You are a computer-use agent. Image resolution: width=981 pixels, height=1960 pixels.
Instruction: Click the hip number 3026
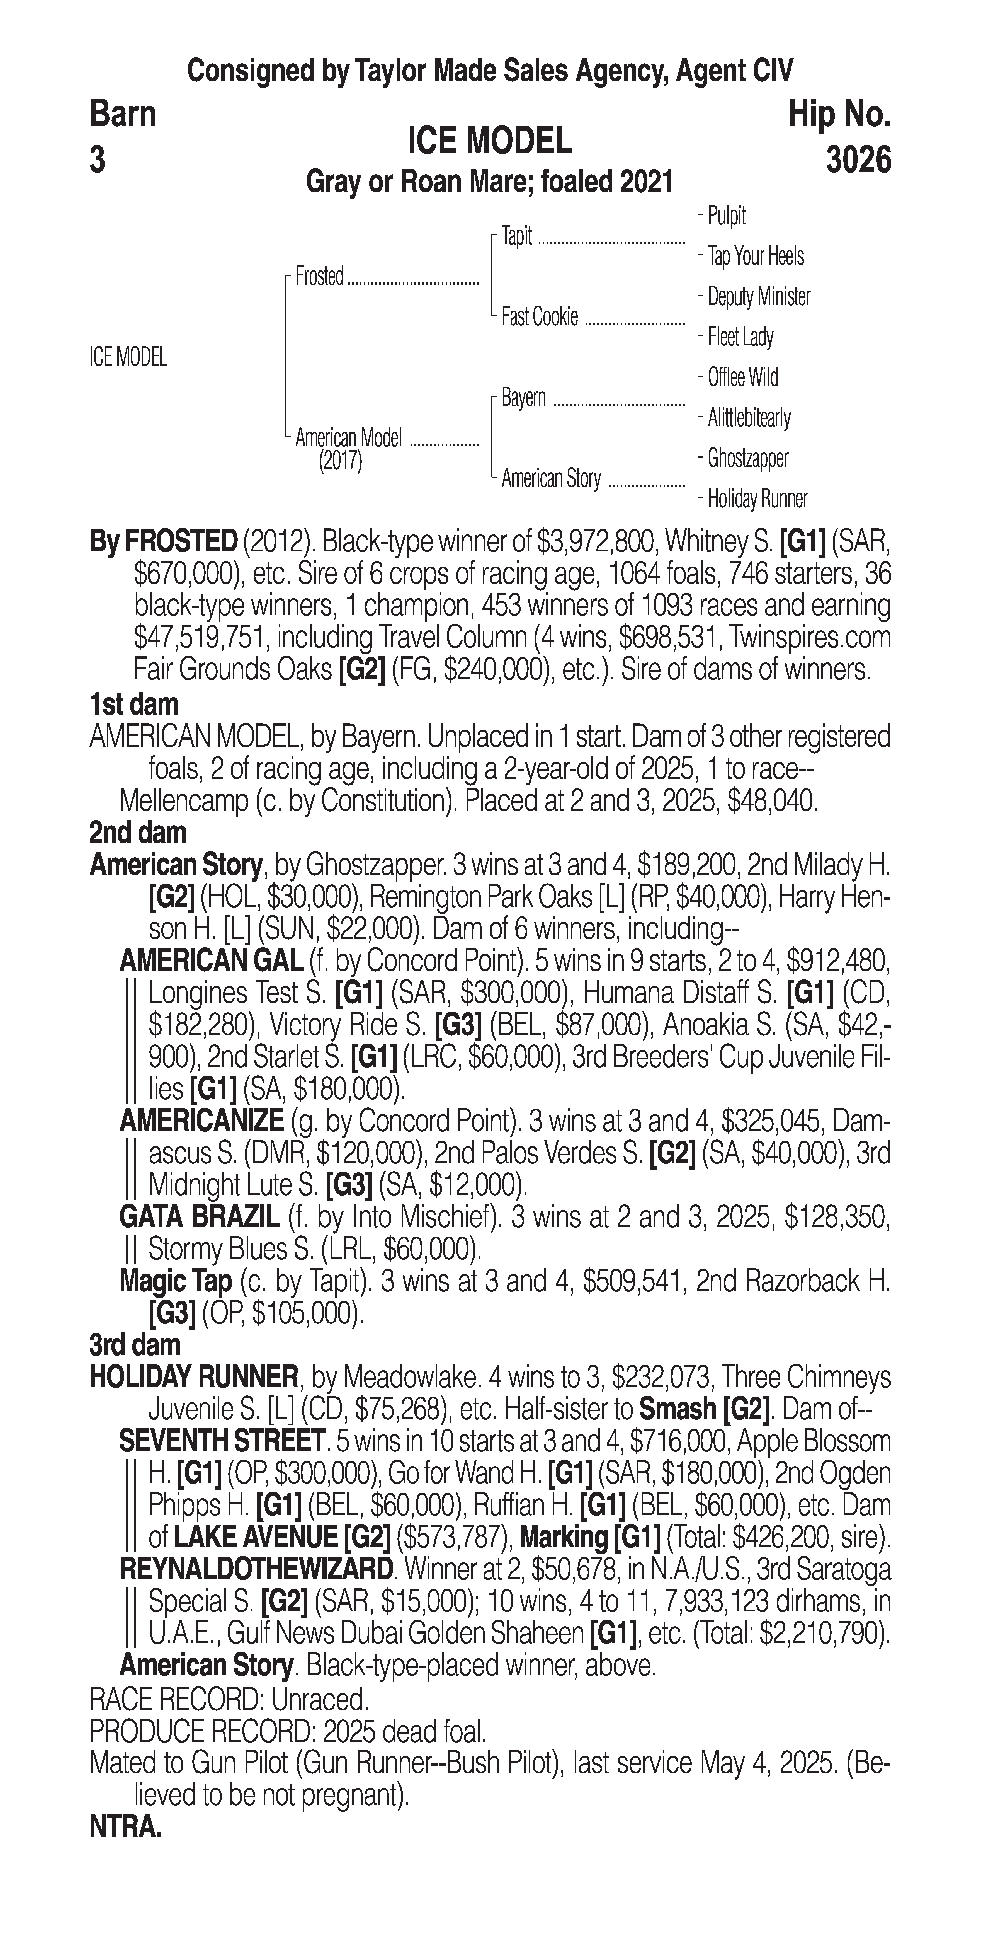point(858,161)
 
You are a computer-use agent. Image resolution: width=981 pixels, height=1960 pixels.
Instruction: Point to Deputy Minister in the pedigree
point(758,297)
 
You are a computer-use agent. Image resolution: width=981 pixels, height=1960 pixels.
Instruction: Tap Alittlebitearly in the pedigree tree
point(749,418)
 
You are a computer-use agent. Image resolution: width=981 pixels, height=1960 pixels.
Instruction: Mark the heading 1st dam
point(134,705)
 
